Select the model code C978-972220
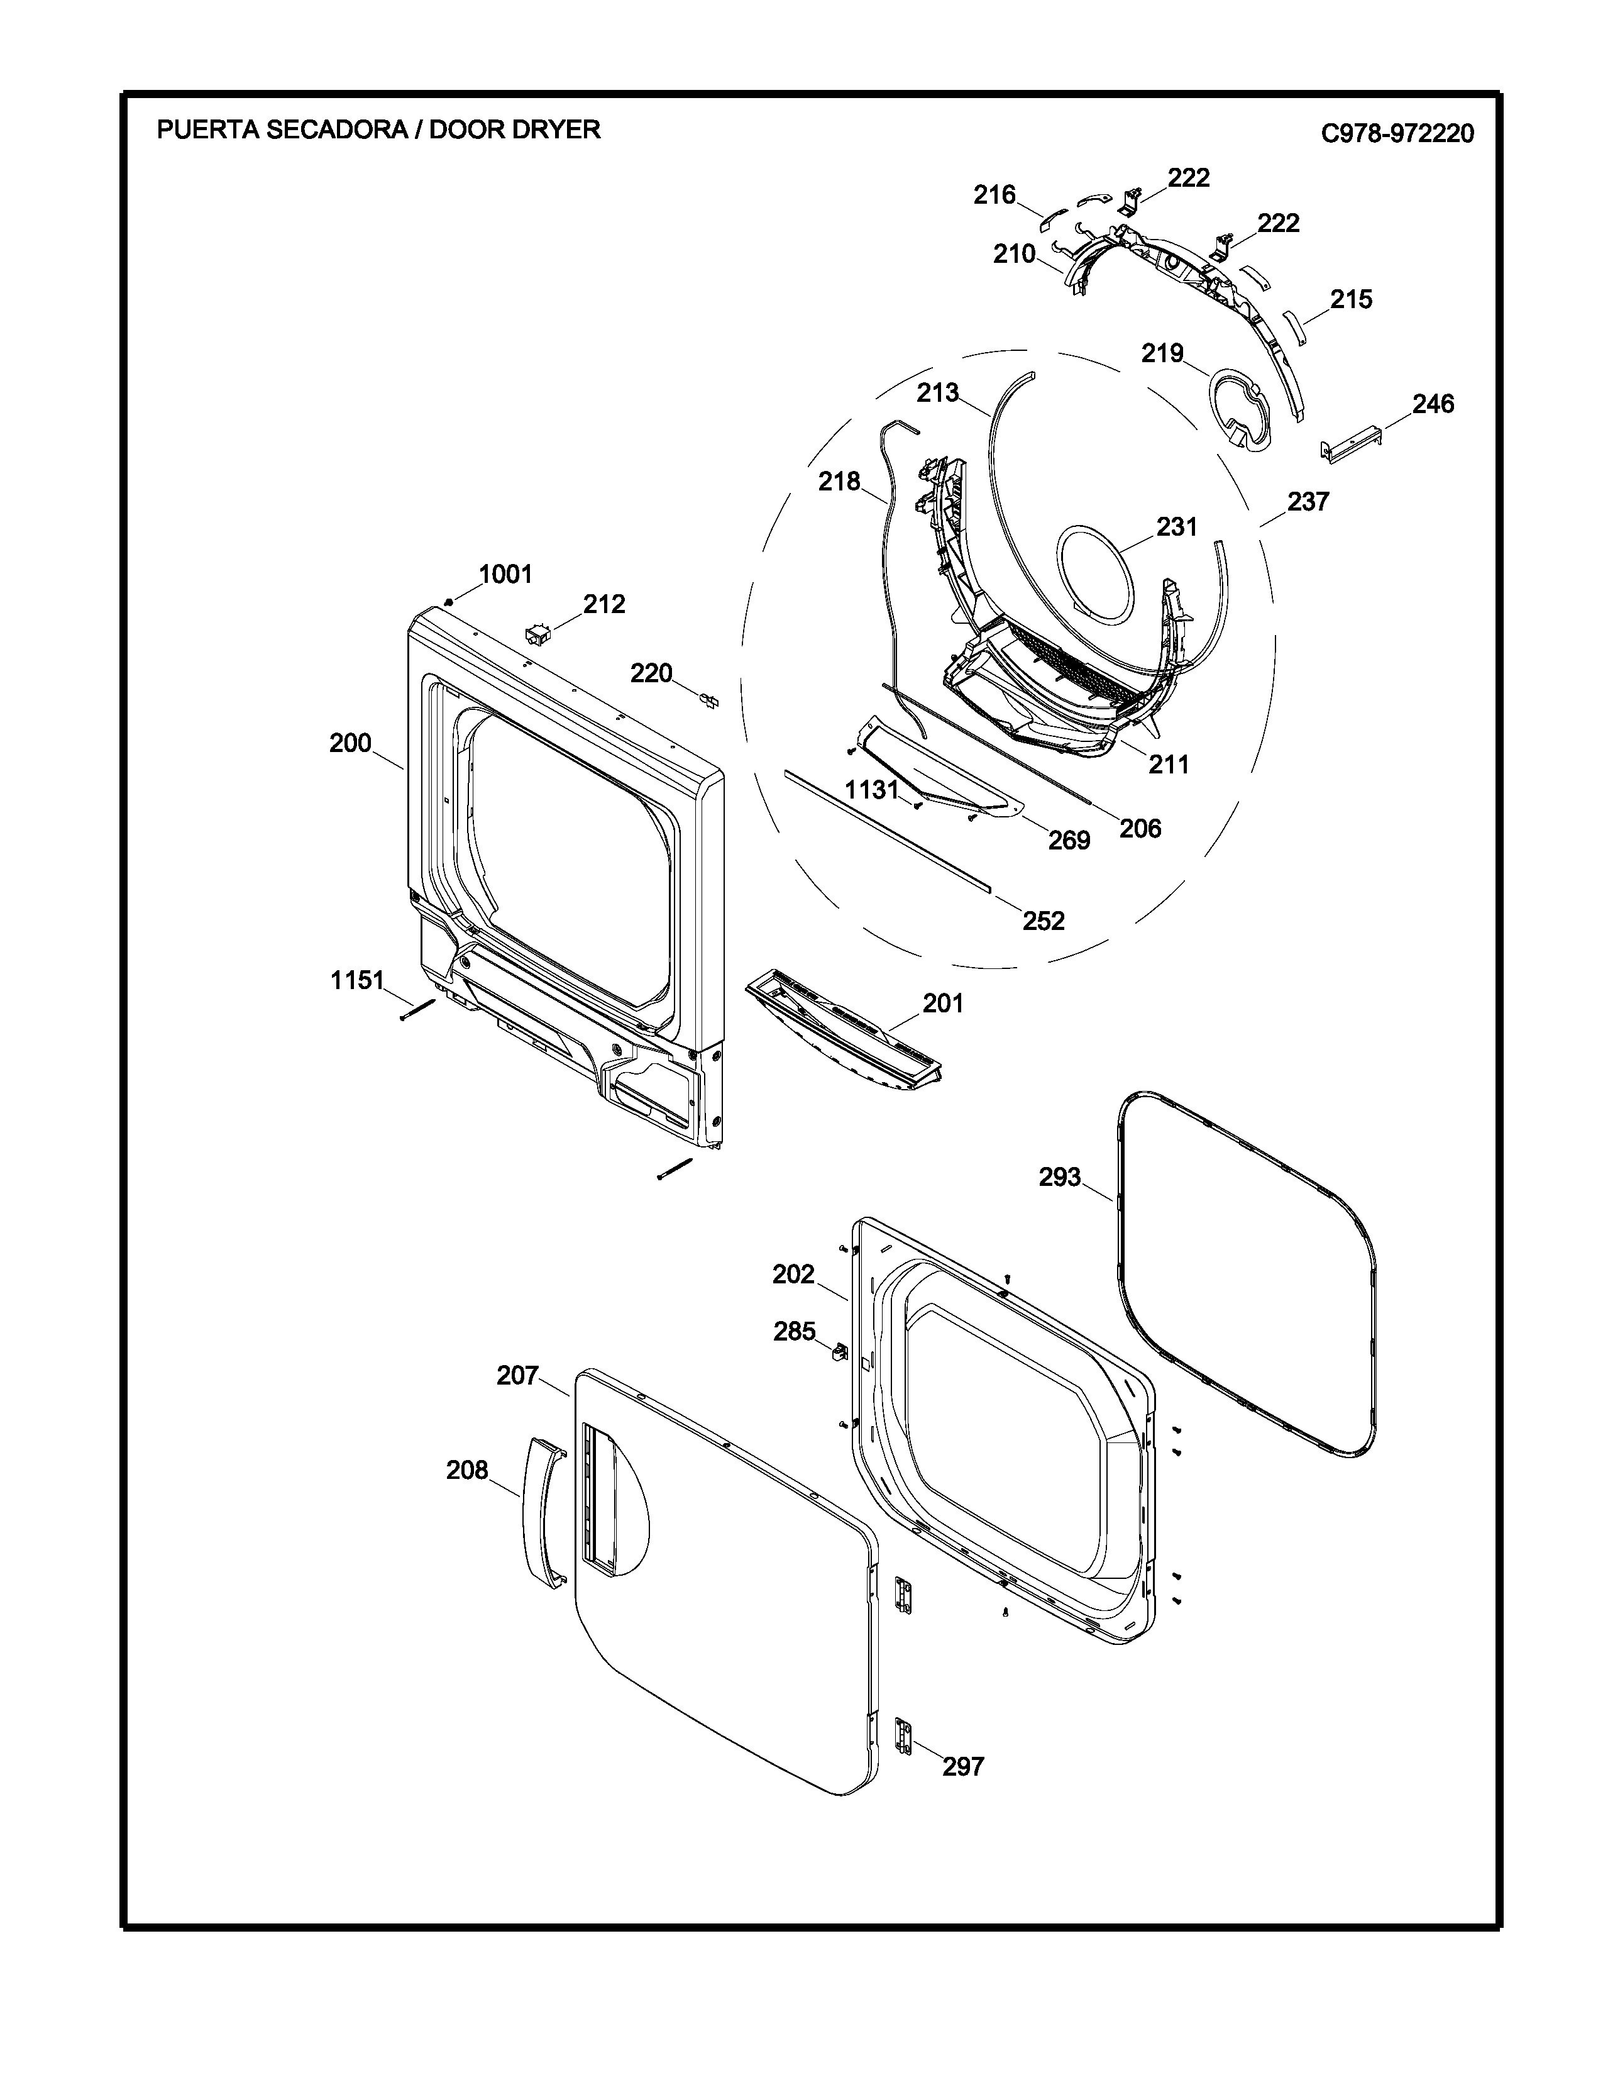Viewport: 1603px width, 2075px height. [x=1398, y=133]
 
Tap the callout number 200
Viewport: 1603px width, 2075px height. [x=350, y=743]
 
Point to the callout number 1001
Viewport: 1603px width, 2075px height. [x=505, y=574]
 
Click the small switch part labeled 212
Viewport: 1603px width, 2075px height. [x=539, y=634]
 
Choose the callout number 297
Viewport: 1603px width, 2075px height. [x=963, y=1766]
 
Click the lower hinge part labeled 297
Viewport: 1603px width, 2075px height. [x=903, y=1736]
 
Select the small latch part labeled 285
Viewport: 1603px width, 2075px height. [x=839, y=1352]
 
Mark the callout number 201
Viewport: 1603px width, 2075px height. [x=943, y=1004]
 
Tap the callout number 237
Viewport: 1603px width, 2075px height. [x=1309, y=502]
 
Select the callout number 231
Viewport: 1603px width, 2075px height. [x=1177, y=528]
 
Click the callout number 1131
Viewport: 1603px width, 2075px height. [x=872, y=790]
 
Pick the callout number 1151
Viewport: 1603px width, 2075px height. [x=357, y=980]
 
